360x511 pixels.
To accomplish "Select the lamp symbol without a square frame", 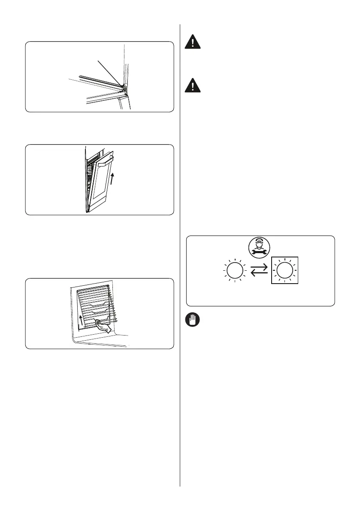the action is (234, 271).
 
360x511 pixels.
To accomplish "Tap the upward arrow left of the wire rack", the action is (81, 317).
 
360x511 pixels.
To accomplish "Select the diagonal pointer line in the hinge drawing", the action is (110, 73).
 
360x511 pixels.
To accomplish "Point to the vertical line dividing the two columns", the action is (180, 257).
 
